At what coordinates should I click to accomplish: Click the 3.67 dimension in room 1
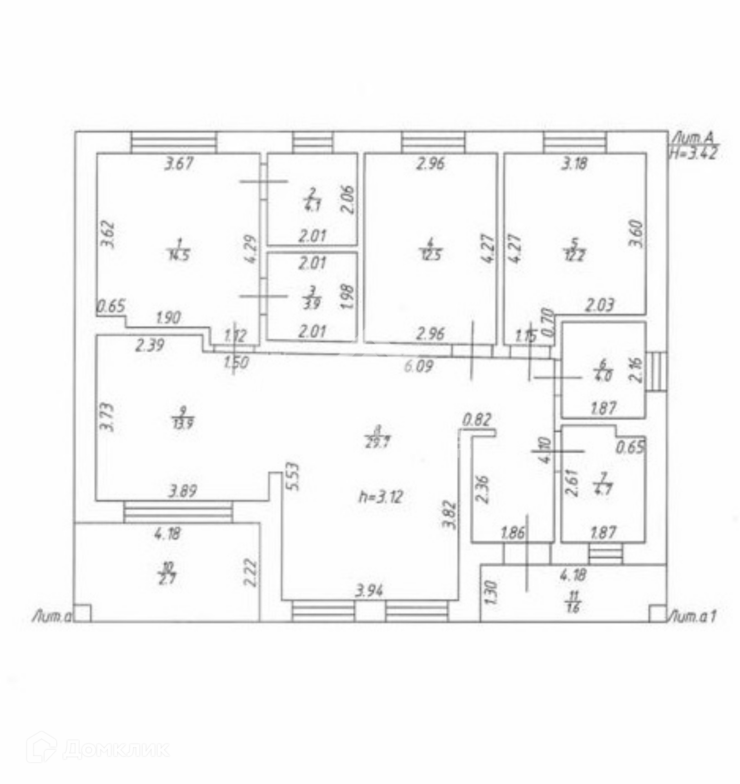[x=178, y=164]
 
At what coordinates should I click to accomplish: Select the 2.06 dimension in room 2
[x=348, y=200]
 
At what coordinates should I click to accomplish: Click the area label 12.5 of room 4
[x=431, y=256]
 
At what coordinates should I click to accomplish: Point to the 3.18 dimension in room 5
[x=575, y=164]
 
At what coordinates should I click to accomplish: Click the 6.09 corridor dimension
[x=419, y=366]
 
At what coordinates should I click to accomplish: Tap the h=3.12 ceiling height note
[x=381, y=497]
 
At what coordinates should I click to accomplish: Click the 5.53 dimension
[x=294, y=476]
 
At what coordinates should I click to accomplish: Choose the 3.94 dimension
[x=369, y=590]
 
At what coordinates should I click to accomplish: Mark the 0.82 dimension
[x=477, y=420]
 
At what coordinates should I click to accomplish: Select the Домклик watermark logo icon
[x=41, y=747]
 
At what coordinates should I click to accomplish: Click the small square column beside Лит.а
[x=83, y=613]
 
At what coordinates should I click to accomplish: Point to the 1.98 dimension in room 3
[x=348, y=296]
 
